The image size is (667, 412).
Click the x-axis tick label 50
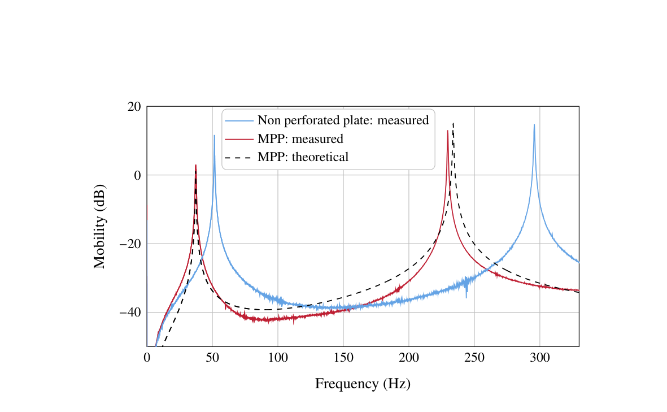[x=212, y=357]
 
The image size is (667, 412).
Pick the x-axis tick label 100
[x=278, y=357]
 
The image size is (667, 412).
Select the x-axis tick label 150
[x=343, y=357]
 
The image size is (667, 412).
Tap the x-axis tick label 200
[x=409, y=357]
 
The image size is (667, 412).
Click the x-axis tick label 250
[x=474, y=357]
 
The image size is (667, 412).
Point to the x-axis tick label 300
[x=540, y=357]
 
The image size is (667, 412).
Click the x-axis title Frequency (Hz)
[x=363, y=384]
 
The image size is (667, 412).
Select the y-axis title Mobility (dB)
[x=99, y=226]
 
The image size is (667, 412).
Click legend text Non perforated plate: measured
[x=343, y=120]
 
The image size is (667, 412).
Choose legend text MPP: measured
[x=300, y=139]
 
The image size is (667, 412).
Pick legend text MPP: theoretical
[x=303, y=157]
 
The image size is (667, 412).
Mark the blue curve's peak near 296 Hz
[x=534, y=125]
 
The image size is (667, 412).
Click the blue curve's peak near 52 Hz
[x=215, y=136]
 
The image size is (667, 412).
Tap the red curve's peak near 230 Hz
[x=448, y=131]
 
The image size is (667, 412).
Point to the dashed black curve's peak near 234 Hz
[x=453, y=123]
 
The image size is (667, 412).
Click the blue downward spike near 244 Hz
[x=467, y=297]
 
